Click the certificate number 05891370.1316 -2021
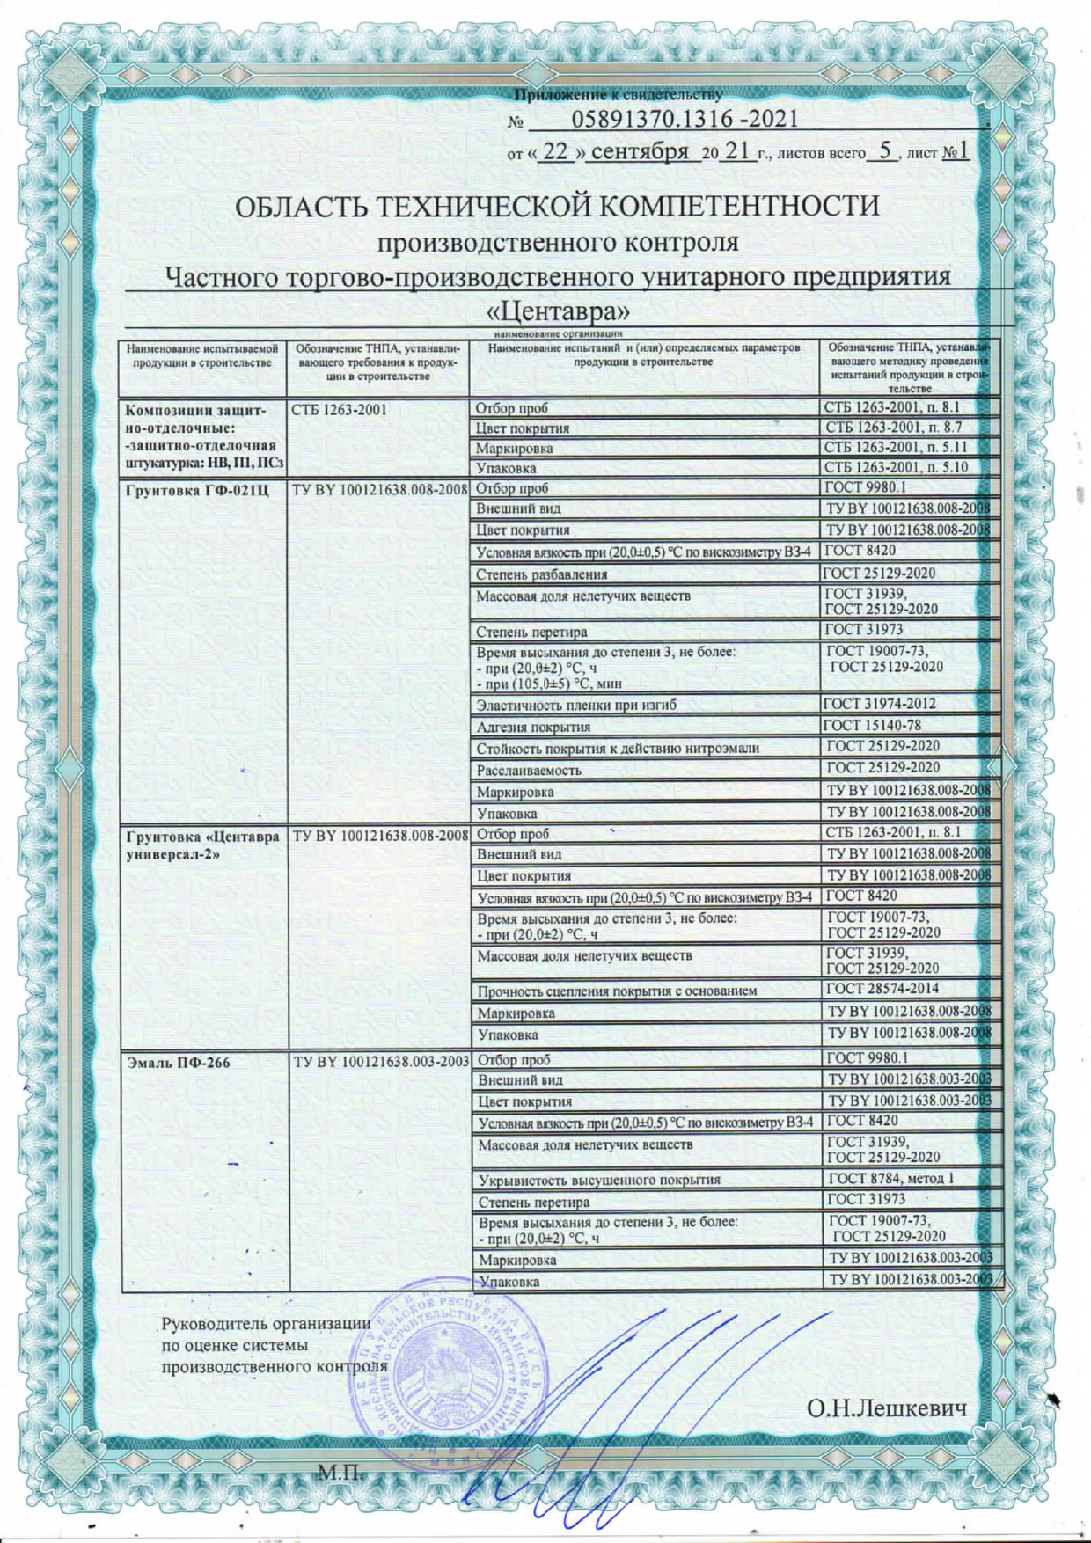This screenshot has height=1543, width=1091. click(685, 120)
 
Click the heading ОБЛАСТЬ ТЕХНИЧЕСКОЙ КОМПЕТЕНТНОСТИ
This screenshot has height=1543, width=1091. click(558, 207)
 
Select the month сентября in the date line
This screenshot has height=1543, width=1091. click(640, 151)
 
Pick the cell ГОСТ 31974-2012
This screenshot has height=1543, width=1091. click(879, 704)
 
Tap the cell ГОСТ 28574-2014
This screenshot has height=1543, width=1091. click(883, 988)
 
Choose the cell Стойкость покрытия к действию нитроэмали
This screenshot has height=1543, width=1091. click(618, 749)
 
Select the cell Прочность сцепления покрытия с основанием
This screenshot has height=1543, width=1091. click(617, 991)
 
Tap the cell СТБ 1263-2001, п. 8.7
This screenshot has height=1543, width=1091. click(893, 428)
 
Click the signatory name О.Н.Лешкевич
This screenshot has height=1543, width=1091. click(887, 1409)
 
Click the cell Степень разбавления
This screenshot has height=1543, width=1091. click(541, 574)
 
